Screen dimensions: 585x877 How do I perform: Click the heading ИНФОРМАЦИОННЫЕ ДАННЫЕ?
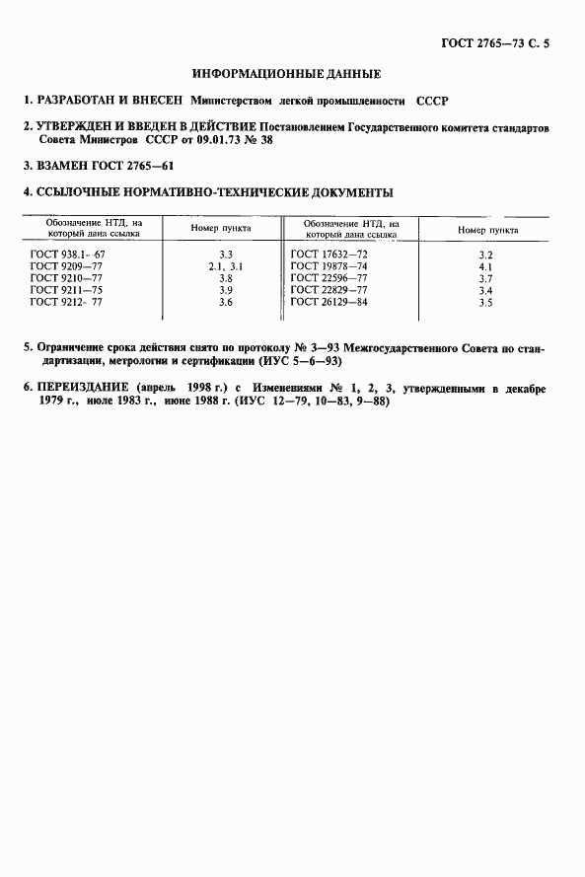(287, 74)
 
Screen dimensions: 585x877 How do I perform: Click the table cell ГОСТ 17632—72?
(330, 256)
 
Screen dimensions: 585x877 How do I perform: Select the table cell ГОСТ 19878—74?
(330, 267)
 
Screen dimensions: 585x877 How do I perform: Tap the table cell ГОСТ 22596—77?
(330, 279)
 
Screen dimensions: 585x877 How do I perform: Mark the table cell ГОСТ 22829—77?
(330, 291)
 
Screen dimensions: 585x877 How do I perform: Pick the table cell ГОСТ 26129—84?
(330, 303)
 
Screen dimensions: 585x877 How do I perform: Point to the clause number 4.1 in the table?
(484, 267)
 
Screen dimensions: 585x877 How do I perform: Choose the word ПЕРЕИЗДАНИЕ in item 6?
(83, 390)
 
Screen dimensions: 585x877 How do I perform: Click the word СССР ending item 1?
(432, 101)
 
